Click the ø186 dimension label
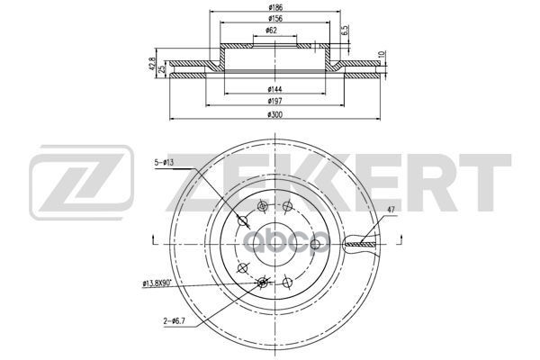pos(274,7)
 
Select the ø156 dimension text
pos(274,18)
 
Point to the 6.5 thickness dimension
pos(346,31)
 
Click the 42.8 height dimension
pos(151,64)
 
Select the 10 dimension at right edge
pos(382,55)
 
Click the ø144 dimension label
pos(274,90)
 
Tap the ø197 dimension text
pos(274,101)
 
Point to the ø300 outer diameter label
pos(274,114)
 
